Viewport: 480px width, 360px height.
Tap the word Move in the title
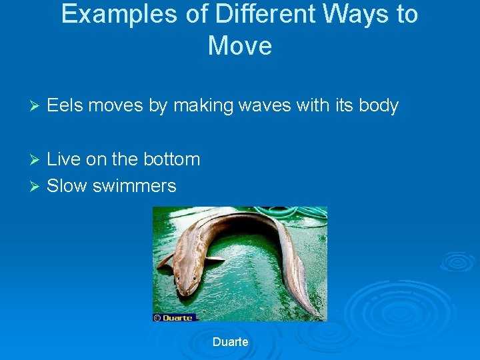pyautogui.click(x=240, y=46)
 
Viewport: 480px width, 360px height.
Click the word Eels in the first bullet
pyautogui.click(x=65, y=105)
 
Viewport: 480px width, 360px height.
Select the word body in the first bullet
pyautogui.click(x=378, y=106)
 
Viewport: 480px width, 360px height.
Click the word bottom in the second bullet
pyautogui.click(x=171, y=159)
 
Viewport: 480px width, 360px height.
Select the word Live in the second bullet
pyautogui.click(x=64, y=159)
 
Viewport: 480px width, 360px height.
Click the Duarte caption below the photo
pyautogui.click(x=230, y=342)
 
